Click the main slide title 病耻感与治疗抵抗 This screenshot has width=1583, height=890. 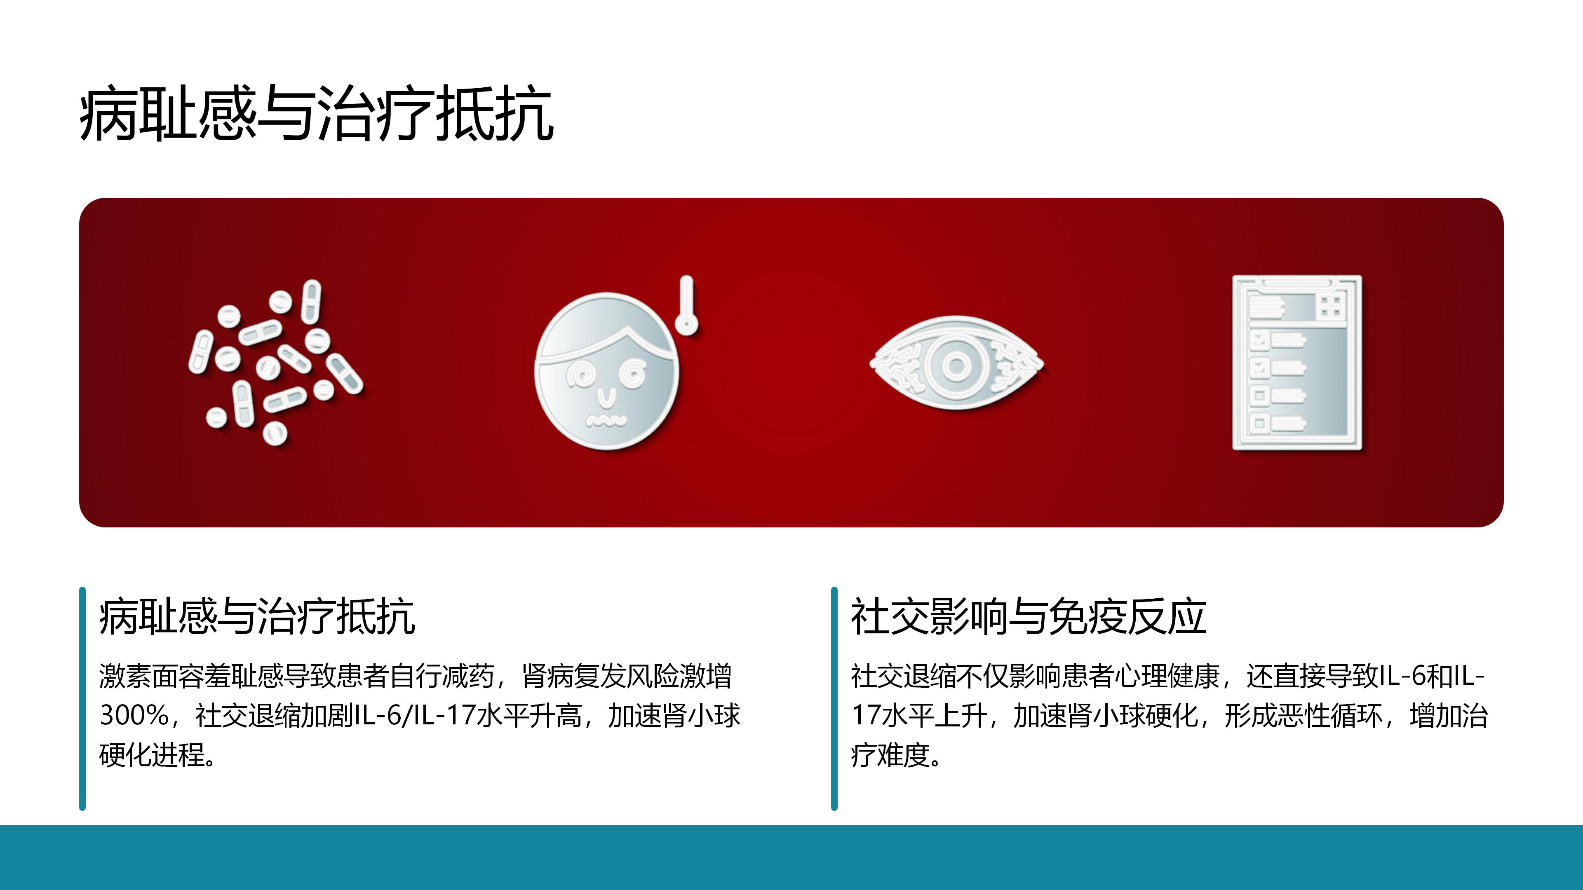point(317,114)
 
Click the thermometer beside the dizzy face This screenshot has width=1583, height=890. point(686,305)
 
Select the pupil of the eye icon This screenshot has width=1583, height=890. point(956,366)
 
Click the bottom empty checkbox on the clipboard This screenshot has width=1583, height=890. point(1259,423)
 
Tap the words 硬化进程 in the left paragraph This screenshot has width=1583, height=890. point(152,755)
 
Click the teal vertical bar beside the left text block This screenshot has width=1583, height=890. point(82,699)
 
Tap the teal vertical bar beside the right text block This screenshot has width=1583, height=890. point(834,699)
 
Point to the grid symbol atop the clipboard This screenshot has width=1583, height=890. point(1330,306)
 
